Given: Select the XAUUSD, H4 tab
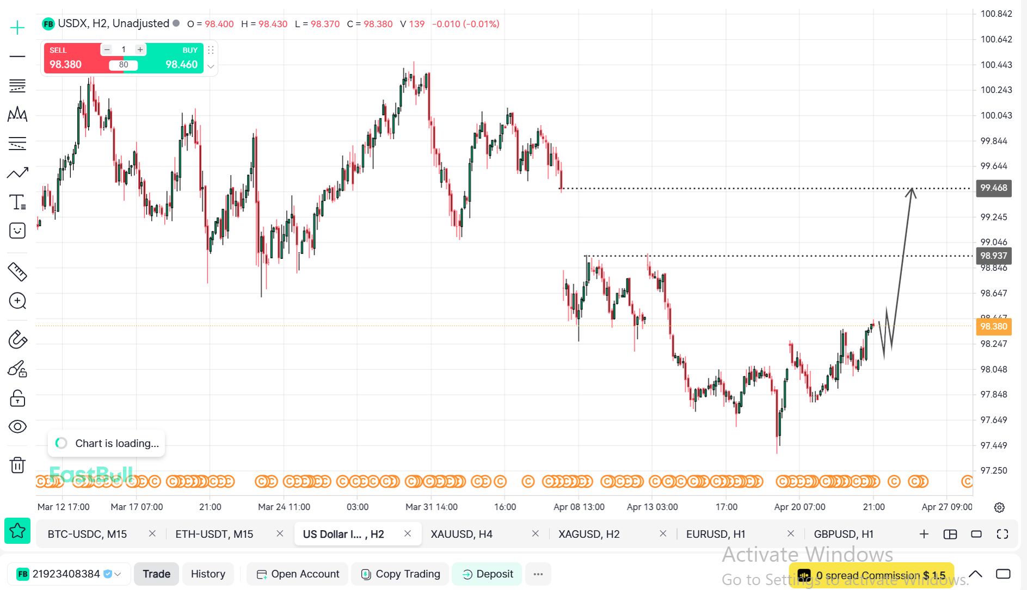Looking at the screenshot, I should (x=462, y=534).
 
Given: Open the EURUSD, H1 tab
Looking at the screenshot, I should (x=716, y=534).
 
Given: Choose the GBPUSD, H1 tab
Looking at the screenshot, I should (x=844, y=534).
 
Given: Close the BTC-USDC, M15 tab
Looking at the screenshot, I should (x=152, y=534).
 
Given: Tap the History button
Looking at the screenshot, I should (x=208, y=574).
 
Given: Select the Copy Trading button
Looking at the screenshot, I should (x=401, y=574).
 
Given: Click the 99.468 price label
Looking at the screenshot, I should (x=994, y=188).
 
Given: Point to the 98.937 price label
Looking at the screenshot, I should (x=994, y=256).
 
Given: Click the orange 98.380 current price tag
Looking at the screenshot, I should (x=994, y=326).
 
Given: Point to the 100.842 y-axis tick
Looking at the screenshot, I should (x=996, y=14).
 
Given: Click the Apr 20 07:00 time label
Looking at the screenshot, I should (x=800, y=507).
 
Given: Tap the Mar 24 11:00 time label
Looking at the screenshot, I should (x=284, y=507).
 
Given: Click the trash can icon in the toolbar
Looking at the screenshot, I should (x=17, y=465).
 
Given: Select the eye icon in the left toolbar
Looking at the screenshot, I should (x=17, y=427).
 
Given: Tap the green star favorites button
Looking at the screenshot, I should (x=17, y=531).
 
